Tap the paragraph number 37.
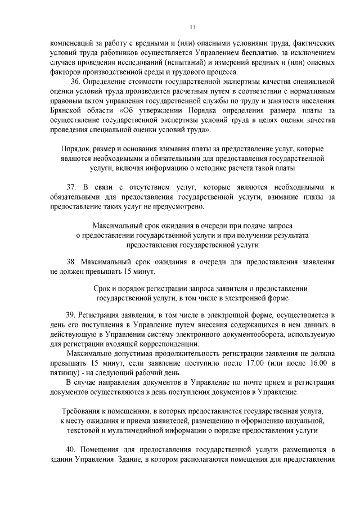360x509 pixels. (71, 186)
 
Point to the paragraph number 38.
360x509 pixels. (71, 262)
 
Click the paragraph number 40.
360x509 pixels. (71, 451)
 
